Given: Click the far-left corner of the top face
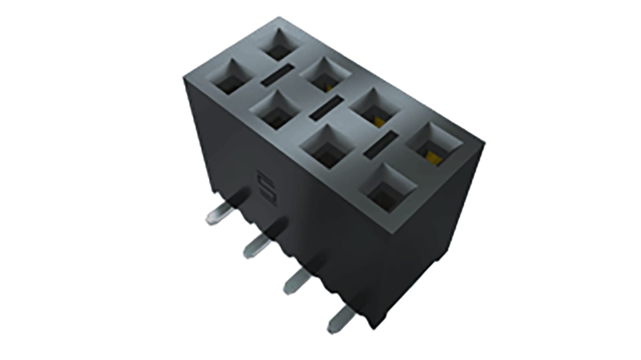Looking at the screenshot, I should [184, 78].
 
